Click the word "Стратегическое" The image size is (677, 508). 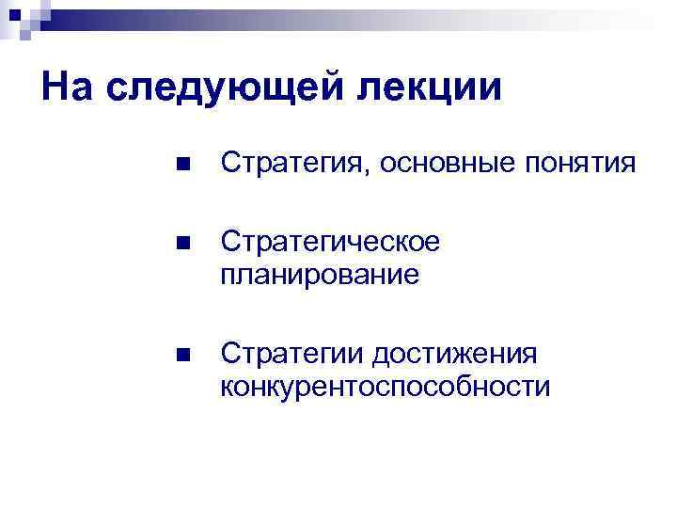[330, 242]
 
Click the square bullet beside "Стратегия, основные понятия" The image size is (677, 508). [182, 165]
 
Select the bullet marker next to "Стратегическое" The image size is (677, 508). [182, 243]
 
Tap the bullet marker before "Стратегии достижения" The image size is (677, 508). [182, 355]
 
